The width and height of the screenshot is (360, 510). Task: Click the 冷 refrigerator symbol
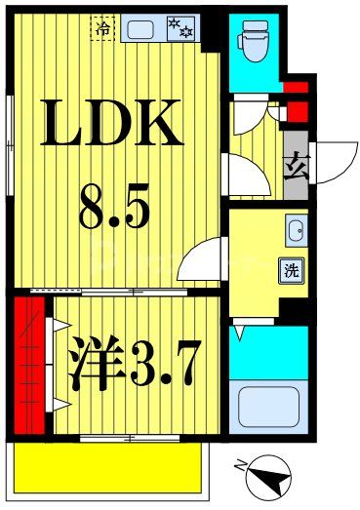pyautogui.click(x=102, y=29)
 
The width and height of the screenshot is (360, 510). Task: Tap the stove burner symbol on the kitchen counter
pyautogui.click(x=181, y=28)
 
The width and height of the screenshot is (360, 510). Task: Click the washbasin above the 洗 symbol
pyautogui.click(x=296, y=232)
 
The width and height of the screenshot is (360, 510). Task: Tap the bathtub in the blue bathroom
pyautogui.click(x=269, y=407)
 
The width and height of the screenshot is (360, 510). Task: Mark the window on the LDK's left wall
pyautogui.click(x=9, y=146)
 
